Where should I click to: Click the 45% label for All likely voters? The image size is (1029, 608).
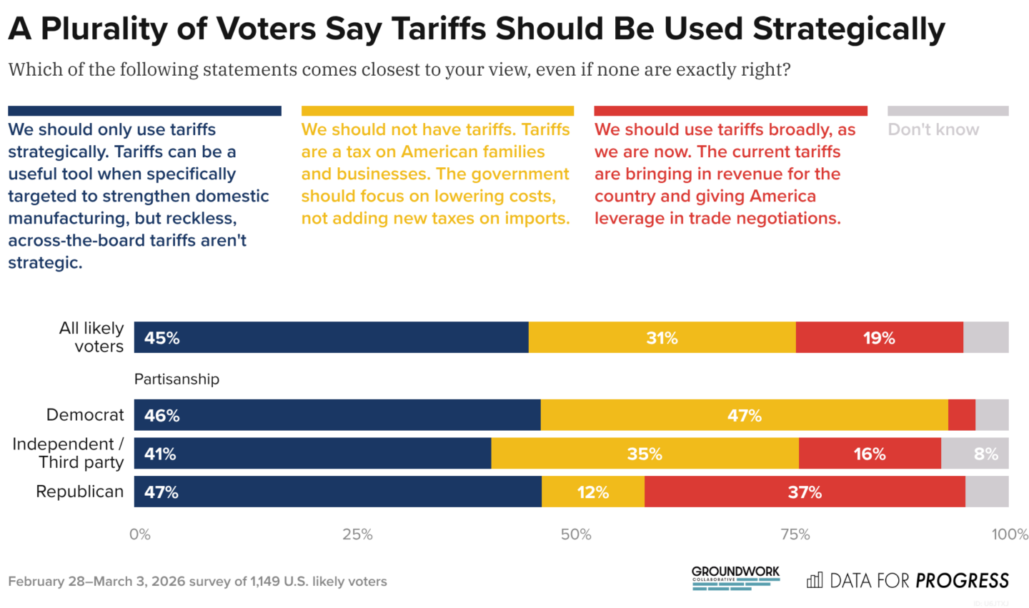coord(161,338)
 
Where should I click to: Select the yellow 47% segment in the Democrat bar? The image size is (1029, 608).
coord(744,415)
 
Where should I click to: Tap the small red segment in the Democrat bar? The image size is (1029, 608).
coord(961,415)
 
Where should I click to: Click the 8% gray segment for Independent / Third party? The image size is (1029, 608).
coord(985,454)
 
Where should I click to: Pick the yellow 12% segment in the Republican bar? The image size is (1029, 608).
coord(592,492)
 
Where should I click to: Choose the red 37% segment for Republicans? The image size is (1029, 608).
coord(804,492)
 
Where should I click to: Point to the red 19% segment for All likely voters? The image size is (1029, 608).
coord(878,338)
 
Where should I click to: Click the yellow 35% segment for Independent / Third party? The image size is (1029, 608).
coord(645,454)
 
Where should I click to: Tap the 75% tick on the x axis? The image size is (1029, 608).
coord(795,534)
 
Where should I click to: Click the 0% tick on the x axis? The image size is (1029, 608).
coord(140,534)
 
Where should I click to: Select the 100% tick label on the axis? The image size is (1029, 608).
coord(1009,534)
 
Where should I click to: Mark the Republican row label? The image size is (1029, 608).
coord(79,492)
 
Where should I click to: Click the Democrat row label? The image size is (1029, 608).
coord(84,414)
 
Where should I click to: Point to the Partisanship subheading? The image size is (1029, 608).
coord(177,379)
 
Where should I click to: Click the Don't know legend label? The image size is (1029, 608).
coord(933,129)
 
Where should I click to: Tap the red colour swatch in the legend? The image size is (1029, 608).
coord(730,111)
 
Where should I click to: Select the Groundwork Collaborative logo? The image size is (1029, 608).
coord(735,577)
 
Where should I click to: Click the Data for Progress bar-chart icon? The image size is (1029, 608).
coord(814,580)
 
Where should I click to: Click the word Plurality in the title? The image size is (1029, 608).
coord(124,29)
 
